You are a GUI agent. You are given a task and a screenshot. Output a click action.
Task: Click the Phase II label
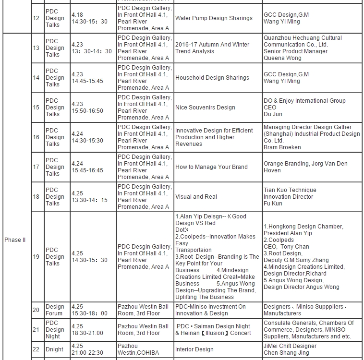[15, 240]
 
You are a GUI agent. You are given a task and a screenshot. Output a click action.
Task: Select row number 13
[36, 48]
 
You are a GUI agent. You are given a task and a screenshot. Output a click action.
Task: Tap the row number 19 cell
[36, 256]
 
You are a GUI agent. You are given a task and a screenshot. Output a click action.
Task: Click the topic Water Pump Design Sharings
[214, 18]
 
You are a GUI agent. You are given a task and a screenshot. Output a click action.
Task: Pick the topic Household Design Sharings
[212, 78]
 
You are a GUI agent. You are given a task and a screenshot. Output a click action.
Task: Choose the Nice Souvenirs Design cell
[205, 108]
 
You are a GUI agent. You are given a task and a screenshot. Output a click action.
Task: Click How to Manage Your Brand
[211, 167]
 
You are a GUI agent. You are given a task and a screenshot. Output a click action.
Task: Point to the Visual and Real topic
[196, 197]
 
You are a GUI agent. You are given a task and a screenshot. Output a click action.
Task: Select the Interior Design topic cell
[194, 349]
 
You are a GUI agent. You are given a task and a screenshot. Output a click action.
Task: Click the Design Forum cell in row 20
[55, 310]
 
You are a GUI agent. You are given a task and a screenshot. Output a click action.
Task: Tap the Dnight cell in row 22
[54, 349]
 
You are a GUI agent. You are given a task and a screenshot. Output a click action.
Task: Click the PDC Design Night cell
[55, 330]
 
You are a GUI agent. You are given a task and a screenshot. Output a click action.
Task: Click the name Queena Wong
[282, 58]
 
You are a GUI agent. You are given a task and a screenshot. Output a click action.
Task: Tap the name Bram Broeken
[282, 147]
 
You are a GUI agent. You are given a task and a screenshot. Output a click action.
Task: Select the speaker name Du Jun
[273, 114]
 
